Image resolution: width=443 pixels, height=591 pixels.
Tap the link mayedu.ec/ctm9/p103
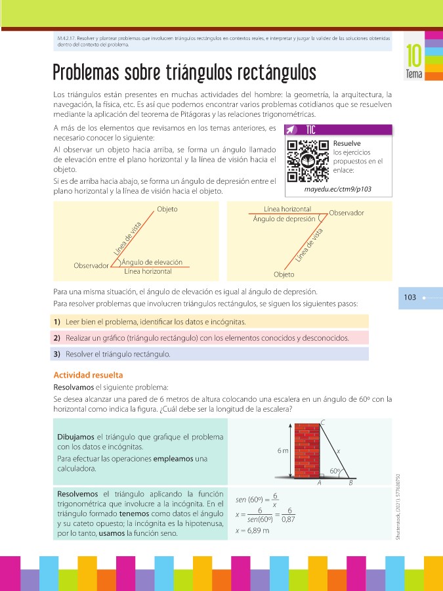point(337,189)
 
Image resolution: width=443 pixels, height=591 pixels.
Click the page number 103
point(410,297)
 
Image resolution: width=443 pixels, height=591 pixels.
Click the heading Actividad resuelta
point(87,375)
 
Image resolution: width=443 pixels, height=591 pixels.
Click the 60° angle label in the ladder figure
point(335,470)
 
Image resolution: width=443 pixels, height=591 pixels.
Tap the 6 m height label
point(283,450)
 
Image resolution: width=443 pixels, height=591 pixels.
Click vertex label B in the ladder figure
point(350,483)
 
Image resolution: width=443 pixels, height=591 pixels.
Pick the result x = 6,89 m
point(252,531)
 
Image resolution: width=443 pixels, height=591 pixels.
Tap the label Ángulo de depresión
point(284,219)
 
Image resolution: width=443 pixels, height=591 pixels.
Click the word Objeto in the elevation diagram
point(167,209)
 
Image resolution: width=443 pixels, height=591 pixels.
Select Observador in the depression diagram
point(347,213)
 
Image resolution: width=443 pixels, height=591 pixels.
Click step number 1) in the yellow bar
point(57,322)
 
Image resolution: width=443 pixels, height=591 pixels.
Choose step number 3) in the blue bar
point(57,354)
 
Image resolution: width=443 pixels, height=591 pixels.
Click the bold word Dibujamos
point(76,436)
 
